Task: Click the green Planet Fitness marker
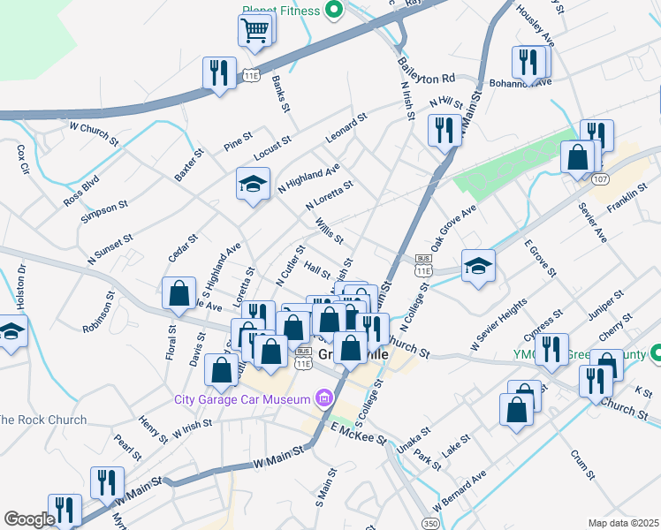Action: tap(334, 11)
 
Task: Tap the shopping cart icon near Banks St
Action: tap(255, 32)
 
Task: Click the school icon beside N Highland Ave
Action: tap(253, 185)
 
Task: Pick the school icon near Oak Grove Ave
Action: tap(478, 266)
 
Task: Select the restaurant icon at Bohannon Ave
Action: tap(528, 61)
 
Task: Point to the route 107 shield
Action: tap(600, 178)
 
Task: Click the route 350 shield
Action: tap(430, 524)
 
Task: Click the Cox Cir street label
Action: tap(23, 158)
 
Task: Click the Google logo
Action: tap(29, 519)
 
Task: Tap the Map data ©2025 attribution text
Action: tap(622, 523)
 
